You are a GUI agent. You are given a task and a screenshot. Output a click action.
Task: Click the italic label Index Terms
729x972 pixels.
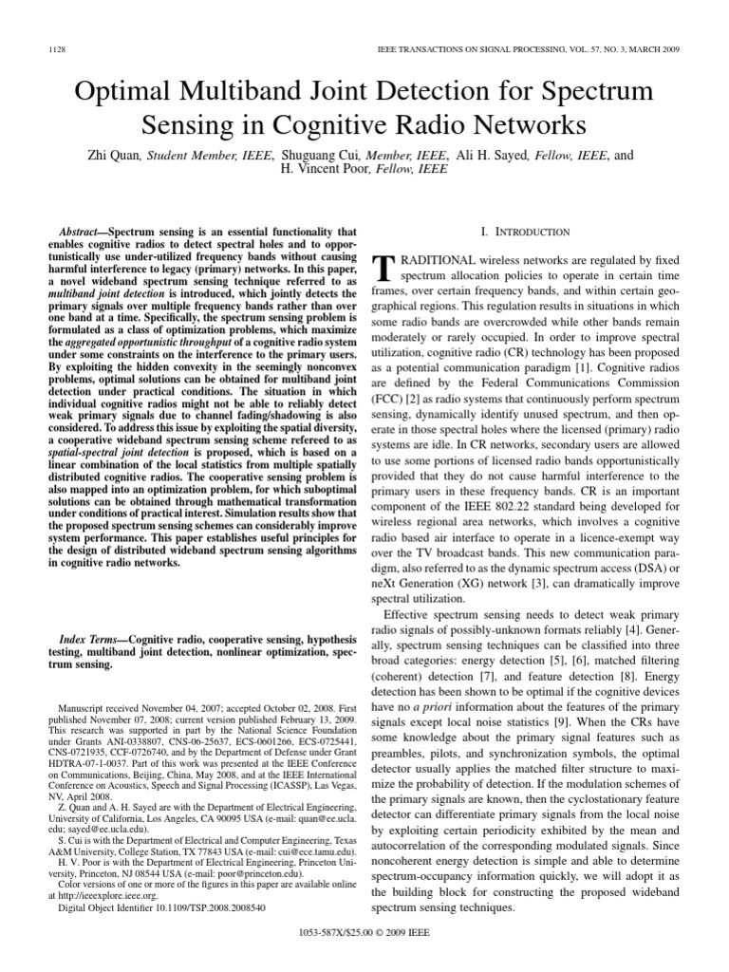coord(87,643)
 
